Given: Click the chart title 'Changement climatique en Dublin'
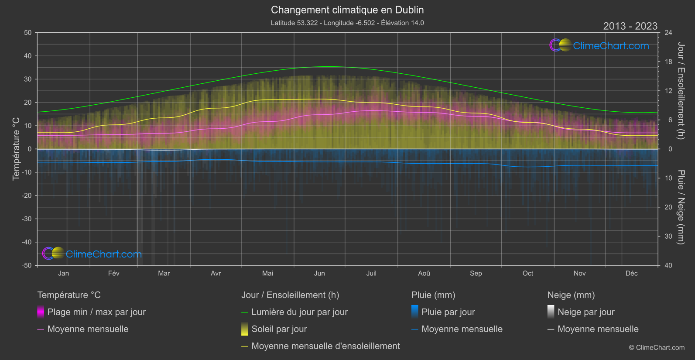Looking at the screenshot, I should [347, 10].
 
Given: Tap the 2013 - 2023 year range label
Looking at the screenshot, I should [630, 26].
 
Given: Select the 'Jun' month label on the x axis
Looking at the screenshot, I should [319, 273].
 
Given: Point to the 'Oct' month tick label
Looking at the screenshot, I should [528, 273].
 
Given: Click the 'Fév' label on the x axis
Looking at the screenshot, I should [113, 273].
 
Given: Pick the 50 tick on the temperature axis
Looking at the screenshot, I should [28, 33].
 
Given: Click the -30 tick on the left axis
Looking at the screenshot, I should [27, 219].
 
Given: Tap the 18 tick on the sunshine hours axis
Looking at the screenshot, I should [668, 62].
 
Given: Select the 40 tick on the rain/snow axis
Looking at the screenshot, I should [668, 265].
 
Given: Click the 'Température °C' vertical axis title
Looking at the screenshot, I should [16, 149].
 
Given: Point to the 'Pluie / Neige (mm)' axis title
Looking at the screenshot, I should [681, 207].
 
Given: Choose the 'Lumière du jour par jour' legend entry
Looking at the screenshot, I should [299, 312].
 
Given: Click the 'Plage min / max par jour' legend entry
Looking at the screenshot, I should [96, 312].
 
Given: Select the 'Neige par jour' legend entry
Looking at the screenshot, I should [586, 312].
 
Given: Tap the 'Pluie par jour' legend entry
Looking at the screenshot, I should [448, 312].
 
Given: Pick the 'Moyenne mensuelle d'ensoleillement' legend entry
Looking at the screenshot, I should [325, 346].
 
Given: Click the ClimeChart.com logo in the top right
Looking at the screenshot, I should [599, 45].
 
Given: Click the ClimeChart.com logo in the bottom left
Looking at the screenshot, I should [92, 254].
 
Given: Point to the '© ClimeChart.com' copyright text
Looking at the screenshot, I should [657, 348].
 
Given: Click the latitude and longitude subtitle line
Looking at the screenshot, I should [347, 23].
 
